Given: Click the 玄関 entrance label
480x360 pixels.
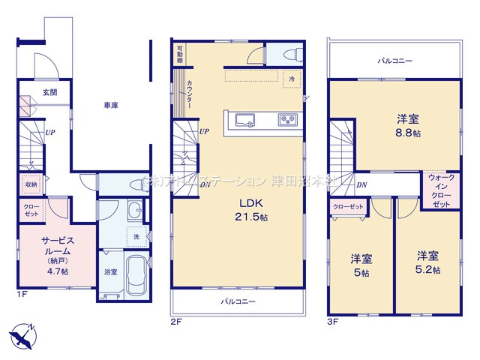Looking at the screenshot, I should pyautogui.click(x=49, y=92).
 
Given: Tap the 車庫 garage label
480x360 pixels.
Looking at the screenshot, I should pyautogui.click(x=110, y=106).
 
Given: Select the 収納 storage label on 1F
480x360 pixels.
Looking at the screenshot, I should pyautogui.click(x=31, y=184).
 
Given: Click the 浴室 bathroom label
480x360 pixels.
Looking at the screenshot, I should pyautogui.click(x=109, y=271).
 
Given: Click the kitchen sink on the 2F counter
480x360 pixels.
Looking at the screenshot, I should pyautogui.click(x=246, y=120).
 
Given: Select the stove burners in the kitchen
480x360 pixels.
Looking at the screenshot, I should pyautogui.click(x=288, y=120).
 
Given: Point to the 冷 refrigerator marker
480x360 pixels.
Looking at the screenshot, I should pyautogui.click(x=290, y=78).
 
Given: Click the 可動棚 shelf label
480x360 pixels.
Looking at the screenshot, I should pyautogui.click(x=180, y=53).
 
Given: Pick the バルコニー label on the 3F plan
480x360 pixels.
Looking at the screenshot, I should pyautogui.click(x=394, y=60).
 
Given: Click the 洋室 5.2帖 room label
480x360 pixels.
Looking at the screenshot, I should pyautogui.click(x=428, y=262).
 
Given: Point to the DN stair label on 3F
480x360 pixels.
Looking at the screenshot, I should pyautogui.click(x=361, y=184).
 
